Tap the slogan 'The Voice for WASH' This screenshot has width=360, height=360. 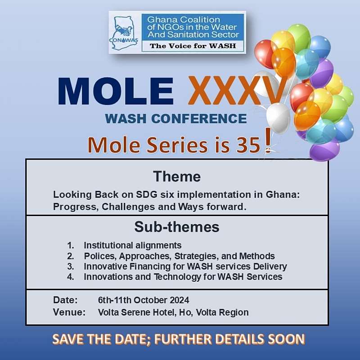pos(193,46)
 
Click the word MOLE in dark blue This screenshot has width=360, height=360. pos(116,91)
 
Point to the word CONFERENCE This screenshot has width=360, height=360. pos(199,118)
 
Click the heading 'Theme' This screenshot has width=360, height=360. pos(177,176)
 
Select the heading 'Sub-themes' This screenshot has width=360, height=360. pos(177,227)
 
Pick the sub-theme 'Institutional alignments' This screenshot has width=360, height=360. pos(133,245)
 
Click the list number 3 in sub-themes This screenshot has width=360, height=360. pos(71,266)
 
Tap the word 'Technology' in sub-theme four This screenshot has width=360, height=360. pos(177,277)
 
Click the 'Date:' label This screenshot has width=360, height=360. pos(65,300)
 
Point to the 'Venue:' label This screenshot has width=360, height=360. pos(69,312)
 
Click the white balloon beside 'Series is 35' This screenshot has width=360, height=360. pos(278,117)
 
